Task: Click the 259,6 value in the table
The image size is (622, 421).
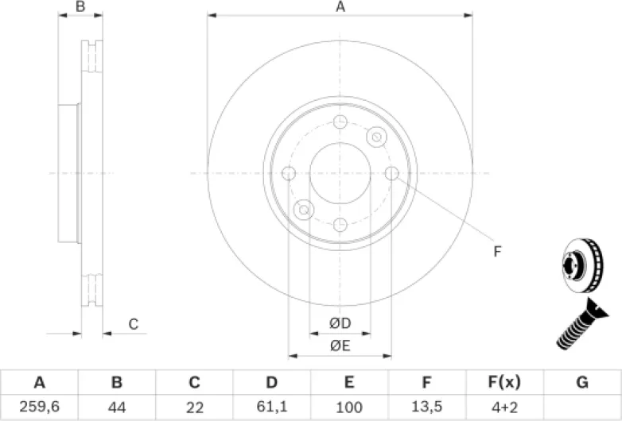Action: [38, 407]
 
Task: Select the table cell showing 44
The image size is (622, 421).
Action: [116, 407]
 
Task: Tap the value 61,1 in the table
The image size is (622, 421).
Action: [271, 407]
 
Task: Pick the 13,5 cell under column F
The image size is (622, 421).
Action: [426, 407]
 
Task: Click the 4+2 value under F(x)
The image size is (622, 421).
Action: [504, 407]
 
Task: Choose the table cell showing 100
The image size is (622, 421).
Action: [348, 407]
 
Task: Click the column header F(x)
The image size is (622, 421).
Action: [504, 383]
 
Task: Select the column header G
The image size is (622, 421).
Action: [582, 383]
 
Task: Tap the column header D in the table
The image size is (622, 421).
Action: [271, 383]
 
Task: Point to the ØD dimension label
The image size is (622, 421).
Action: [340, 323]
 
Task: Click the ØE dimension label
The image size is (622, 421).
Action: [340, 345]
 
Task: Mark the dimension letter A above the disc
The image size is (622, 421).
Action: [340, 7]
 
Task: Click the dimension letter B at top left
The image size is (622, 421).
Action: [80, 7]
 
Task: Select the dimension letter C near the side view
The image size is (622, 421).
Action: [134, 324]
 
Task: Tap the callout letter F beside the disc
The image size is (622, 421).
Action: [497, 252]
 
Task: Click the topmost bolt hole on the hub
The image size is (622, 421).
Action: [340, 122]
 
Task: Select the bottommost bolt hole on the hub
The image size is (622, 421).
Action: [340, 224]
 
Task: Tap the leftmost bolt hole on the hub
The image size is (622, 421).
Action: [289, 173]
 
